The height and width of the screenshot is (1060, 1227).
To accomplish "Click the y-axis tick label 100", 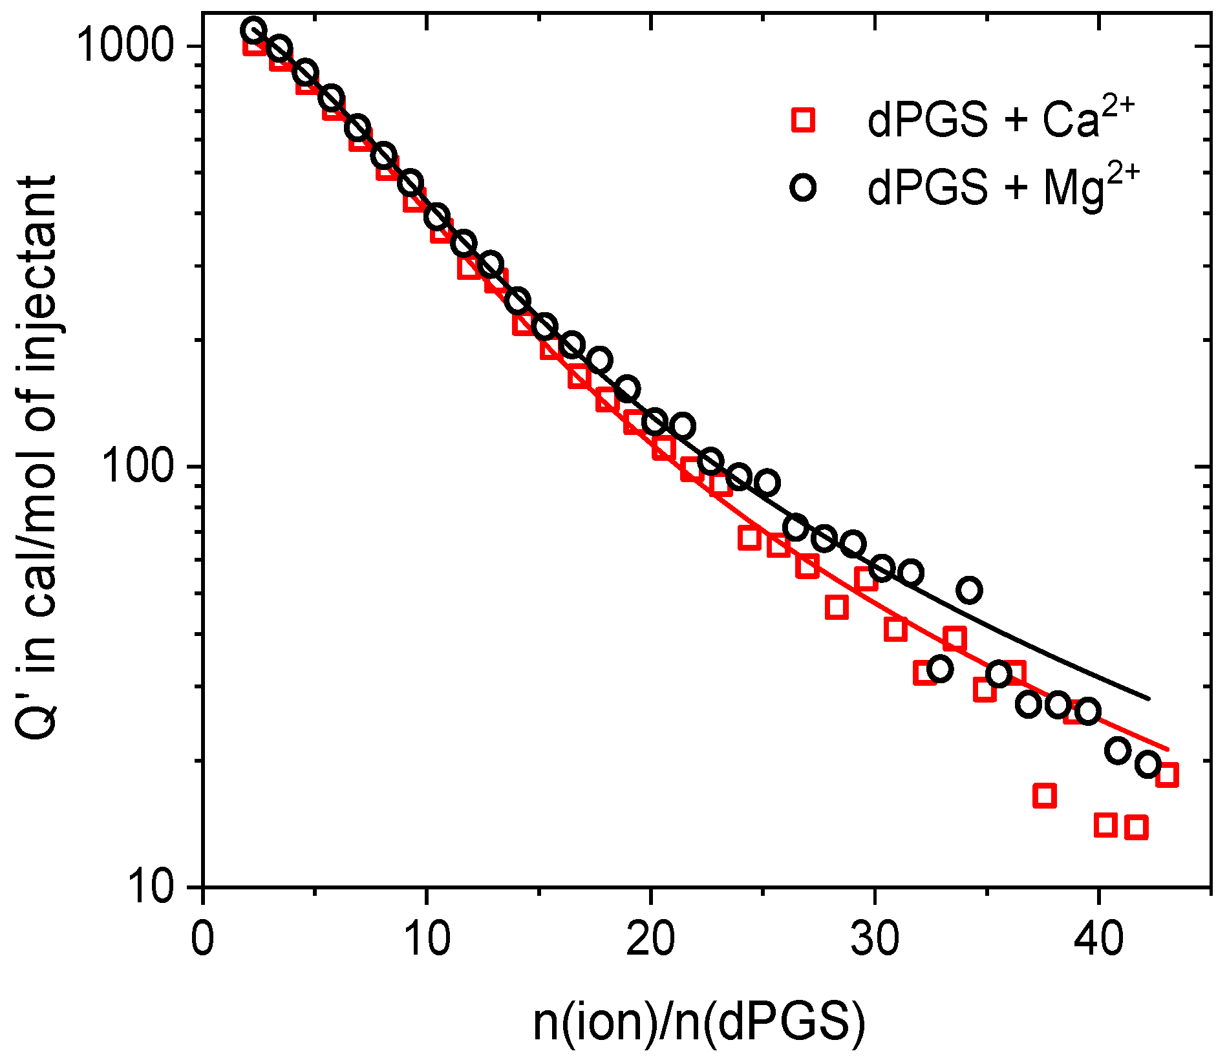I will tap(144, 466).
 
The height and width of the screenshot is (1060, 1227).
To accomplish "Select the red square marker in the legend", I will tap(804, 120).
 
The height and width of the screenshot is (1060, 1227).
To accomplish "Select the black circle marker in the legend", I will tap(804, 187).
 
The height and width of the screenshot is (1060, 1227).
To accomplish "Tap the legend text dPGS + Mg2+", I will tap(1003, 187).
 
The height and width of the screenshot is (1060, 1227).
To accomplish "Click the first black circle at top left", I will tap(253, 30).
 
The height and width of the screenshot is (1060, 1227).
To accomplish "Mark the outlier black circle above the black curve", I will tap(969, 590).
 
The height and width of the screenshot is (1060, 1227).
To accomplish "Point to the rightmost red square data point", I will tap(1167, 774).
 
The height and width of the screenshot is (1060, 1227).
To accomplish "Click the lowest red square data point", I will tap(1136, 827).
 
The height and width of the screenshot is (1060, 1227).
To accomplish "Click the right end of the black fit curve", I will tap(1149, 699).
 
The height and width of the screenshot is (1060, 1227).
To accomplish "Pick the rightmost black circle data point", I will tap(1148, 765).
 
